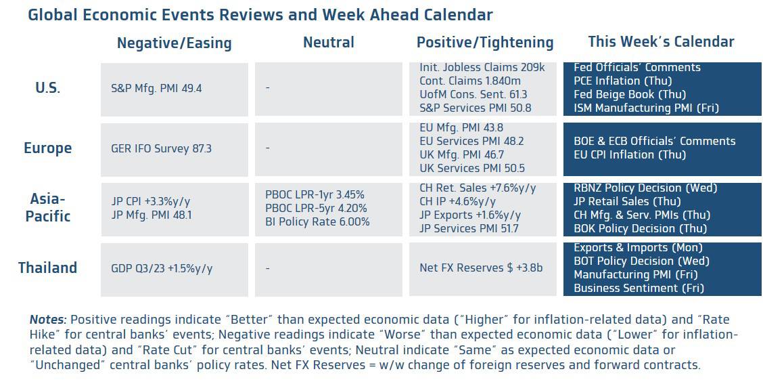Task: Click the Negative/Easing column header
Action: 174,43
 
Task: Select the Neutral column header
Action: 328,43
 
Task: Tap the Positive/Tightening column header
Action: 485,43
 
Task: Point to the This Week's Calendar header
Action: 661,42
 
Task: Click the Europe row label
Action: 47,148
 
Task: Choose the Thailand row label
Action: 47,268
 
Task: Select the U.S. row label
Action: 47,88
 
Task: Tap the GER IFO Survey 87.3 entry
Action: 161,148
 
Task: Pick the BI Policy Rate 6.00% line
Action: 317,221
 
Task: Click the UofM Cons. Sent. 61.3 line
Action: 473,94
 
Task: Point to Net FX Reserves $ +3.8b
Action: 480,268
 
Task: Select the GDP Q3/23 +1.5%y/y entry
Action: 161,268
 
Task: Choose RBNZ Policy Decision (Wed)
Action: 645,188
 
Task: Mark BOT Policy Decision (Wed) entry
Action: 641,261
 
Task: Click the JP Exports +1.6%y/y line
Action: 470,215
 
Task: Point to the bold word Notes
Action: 47,320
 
